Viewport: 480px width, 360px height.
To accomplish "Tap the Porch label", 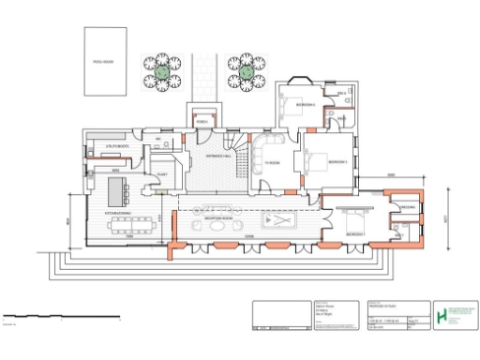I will coord(202,121).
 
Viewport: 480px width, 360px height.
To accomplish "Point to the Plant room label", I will coord(161,175).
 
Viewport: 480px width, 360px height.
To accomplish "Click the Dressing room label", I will coord(407,207).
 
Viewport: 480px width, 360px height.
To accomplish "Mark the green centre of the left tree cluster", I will coord(162,70).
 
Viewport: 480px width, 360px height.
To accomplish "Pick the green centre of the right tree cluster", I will coord(246,70).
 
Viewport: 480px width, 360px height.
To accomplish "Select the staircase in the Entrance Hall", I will coord(246,155).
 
